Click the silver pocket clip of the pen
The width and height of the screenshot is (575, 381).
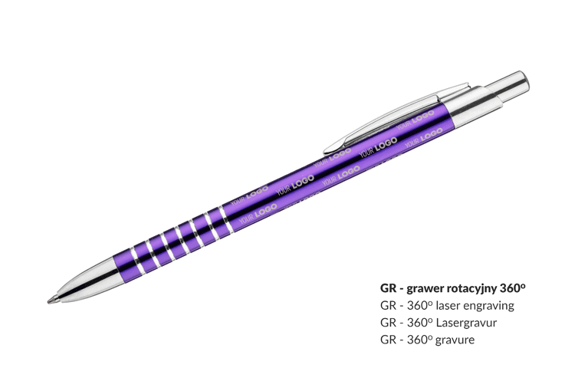[x=396, y=118]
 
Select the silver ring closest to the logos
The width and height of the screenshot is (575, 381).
[x=226, y=220]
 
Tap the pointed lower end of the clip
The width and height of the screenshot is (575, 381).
[x=327, y=150]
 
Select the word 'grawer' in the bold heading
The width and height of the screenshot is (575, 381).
[x=426, y=289]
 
